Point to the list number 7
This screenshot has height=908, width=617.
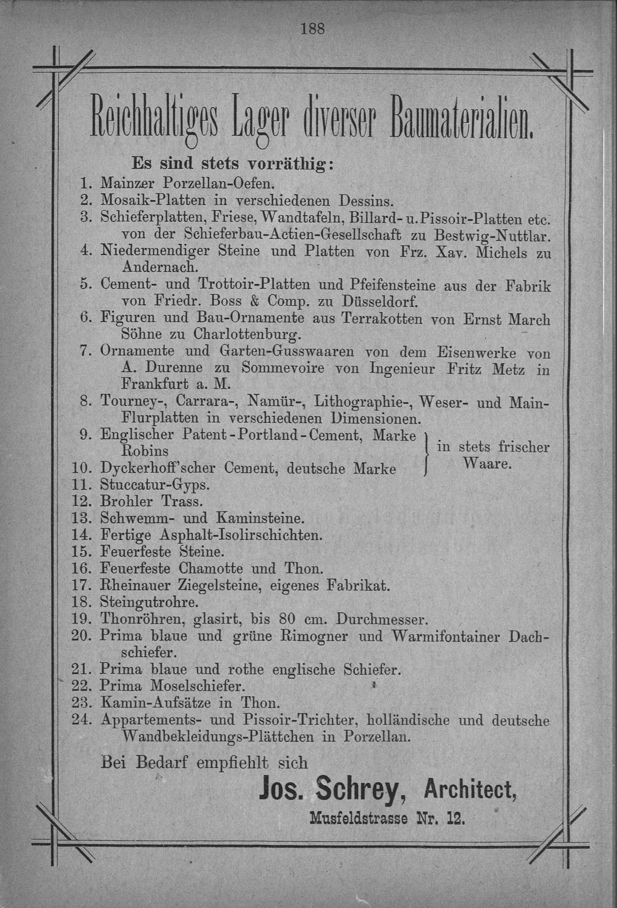tap(85, 351)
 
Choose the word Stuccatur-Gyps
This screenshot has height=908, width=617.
tap(154, 484)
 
